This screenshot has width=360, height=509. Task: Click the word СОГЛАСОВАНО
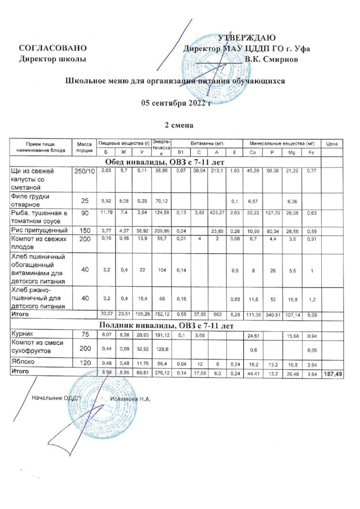[53, 49]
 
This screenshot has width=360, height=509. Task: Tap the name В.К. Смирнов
[275, 60]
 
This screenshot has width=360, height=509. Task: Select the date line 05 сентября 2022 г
[176, 103]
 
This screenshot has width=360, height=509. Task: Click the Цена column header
[332, 144]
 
